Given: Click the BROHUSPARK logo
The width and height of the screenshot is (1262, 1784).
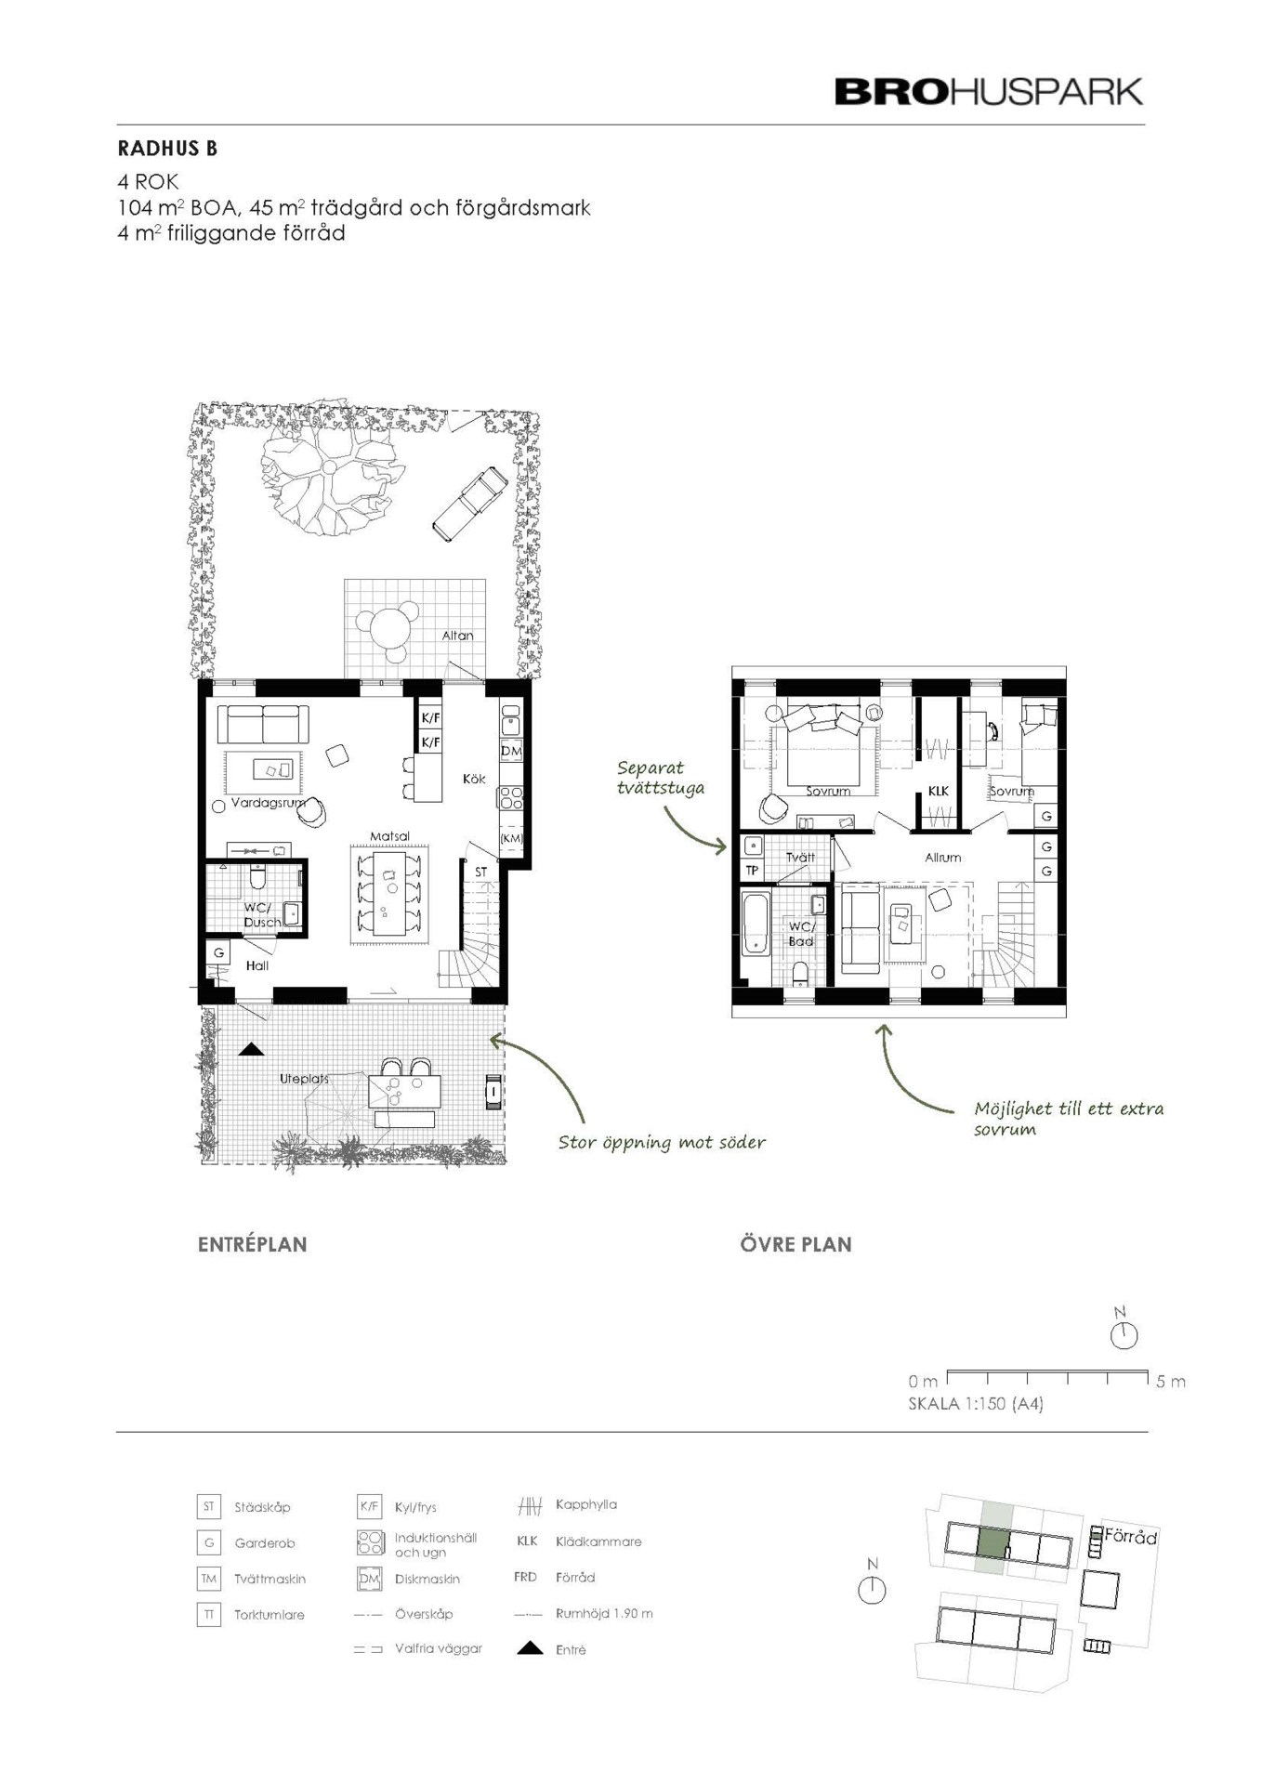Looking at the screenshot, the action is tap(989, 92).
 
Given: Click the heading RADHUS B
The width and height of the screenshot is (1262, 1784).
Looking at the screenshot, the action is tap(167, 149).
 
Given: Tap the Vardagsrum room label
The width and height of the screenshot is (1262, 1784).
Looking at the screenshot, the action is tap(268, 803).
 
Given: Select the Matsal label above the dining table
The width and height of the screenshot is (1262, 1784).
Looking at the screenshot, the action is tap(389, 836).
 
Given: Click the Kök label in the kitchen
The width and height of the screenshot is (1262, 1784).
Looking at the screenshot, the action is tap(474, 779).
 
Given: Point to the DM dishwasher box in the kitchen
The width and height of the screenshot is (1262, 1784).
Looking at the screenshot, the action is tap(511, 751).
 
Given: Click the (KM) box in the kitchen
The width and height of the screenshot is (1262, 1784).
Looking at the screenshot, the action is tap(511, 838).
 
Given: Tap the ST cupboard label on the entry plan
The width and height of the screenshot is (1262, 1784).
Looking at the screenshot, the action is tap(480, 872).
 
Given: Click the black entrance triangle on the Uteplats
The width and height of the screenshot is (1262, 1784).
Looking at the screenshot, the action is tap(251, 1050).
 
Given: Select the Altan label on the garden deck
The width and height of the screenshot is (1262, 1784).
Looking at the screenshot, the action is tap(457, 636).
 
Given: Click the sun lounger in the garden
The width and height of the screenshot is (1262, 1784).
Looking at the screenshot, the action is tap(470, 504).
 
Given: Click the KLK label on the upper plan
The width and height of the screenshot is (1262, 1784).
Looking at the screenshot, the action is tap(939, 791).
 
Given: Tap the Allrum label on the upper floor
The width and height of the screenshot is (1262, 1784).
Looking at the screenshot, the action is tap(942, 858).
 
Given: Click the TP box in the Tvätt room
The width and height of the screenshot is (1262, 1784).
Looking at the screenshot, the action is tap(752, 871).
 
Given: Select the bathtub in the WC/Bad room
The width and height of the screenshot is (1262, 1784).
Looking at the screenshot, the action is tap(755, 923).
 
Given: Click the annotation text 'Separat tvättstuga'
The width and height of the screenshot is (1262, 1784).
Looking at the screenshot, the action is tap(661, 779).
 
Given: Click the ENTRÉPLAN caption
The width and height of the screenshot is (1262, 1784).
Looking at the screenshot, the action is tap(252, 1245).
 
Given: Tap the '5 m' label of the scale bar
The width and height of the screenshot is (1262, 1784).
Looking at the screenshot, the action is tap(1171, 1382).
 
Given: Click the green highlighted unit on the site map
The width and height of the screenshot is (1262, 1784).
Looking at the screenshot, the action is tap(994, 1543).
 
